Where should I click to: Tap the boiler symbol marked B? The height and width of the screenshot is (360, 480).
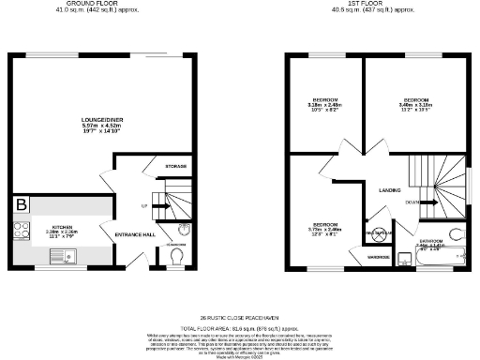[20, 204]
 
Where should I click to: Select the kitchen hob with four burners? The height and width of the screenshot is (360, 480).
[20, 230]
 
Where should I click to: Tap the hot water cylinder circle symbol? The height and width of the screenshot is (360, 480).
[380, 234]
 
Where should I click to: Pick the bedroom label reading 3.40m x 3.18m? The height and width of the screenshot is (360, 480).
[415, 102]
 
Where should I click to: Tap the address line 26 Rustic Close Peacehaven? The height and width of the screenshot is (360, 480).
[239, 319]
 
